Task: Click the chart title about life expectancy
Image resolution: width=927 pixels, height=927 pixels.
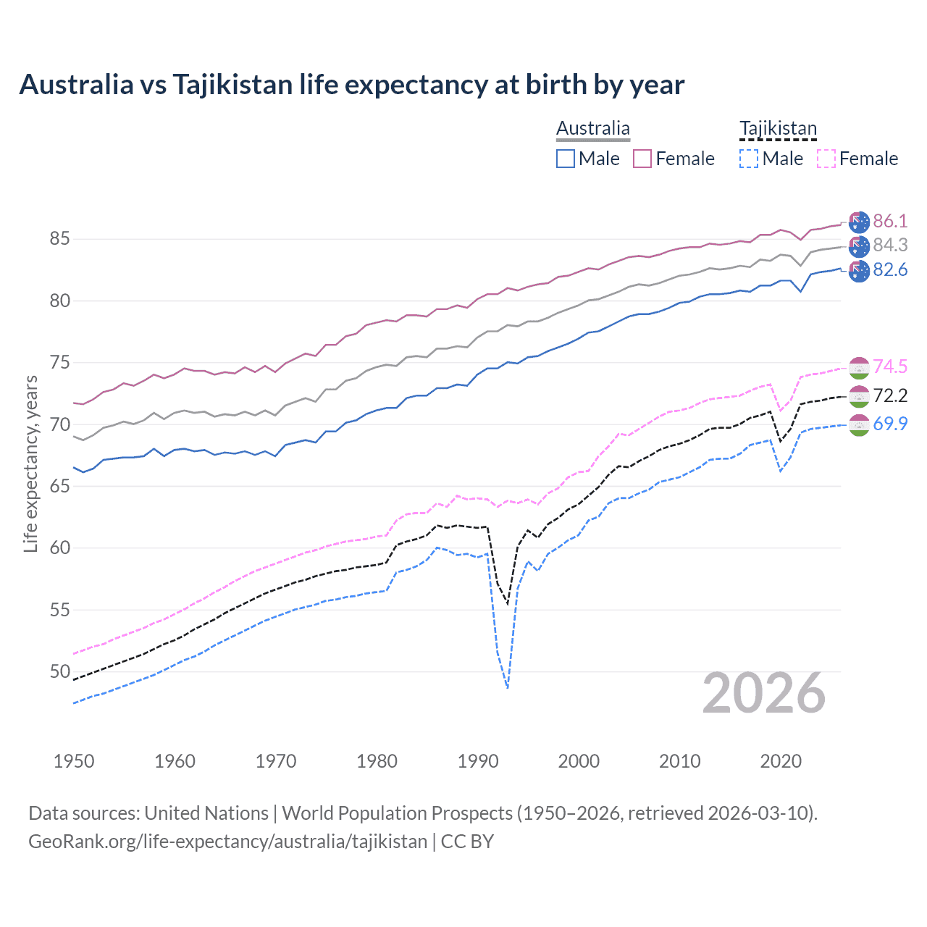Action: click(351, 85)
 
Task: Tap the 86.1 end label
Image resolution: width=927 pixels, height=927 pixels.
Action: click(890, 222)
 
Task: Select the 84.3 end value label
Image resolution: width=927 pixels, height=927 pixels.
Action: click(890, 246)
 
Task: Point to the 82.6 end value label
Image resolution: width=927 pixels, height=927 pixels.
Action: click(890, 270)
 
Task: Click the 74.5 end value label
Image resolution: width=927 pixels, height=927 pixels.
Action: click(890, 367)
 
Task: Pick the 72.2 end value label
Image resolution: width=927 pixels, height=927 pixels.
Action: click(890, 395)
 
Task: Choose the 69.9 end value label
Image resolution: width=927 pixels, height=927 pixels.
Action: click(890, 424)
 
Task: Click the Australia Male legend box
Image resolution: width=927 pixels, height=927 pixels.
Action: click(566, 159)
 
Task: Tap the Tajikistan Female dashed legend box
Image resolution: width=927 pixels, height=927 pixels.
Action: click(826, 159)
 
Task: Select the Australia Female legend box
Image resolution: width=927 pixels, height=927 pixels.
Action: click(642, 159)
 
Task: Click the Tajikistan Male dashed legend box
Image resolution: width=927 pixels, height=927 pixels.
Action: click(749, 159)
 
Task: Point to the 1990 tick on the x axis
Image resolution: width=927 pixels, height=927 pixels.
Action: click(478, 761)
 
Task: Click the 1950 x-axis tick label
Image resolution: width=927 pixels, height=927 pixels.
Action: click(74, 761)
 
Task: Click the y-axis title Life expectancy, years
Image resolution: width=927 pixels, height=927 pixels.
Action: click(30, 463)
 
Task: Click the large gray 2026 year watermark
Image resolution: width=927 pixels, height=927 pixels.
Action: click(764, 694)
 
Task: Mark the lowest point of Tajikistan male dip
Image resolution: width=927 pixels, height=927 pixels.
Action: click(508, 688)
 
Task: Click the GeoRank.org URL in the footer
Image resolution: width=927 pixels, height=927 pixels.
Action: click(227, 842)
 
